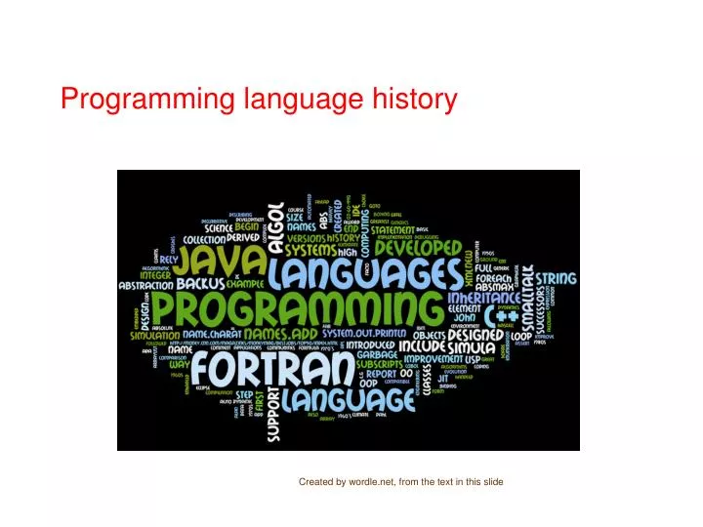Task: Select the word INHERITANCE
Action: [x=485, y=297]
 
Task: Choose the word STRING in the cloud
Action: [x=554, y=279]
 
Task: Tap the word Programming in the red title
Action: [x=148, y=99]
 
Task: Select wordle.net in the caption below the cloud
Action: [x=374, y=482]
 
